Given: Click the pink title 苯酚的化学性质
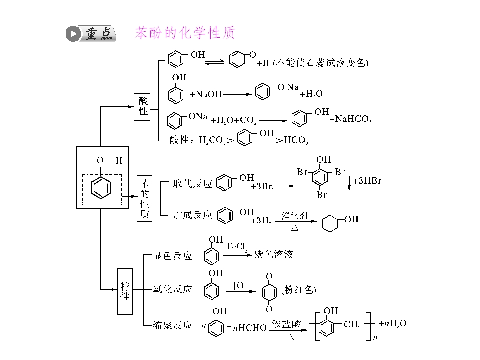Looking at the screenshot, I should click(x=185, y=33).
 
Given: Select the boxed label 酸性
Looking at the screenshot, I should click(x=143, y=106).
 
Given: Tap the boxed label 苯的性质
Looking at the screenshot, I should click(x=144, y=198).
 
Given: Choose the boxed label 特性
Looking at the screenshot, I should click(x=125, y=291).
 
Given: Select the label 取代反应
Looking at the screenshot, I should click(x=192, y=183).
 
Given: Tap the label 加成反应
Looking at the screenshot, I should click(x=192, y=215).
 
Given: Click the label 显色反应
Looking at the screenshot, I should click(x=172, y=256).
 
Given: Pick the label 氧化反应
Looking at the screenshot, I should click(x=172, y=290).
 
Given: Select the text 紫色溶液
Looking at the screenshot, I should click(x=274, y=255).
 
